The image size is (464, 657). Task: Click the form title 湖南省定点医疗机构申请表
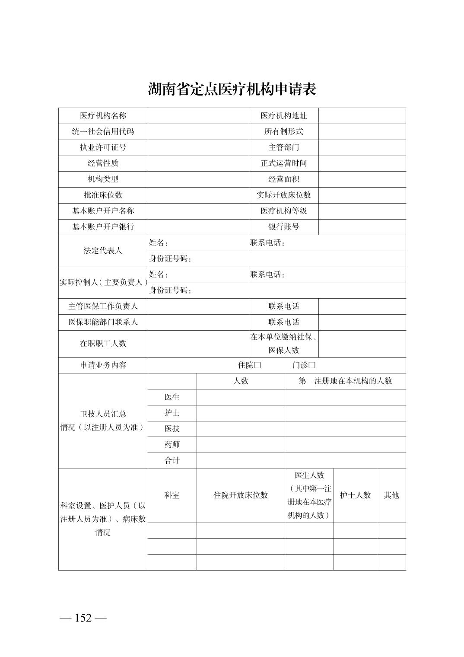pos(232,89)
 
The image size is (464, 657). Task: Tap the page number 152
pos(83,618)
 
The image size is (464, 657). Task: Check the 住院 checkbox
pos(257,365)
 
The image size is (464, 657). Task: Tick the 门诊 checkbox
pos(312,365)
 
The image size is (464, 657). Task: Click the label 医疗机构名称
pos(103,116)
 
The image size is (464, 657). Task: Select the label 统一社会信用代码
pos(103,131)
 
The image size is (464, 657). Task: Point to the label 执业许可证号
pos(103,147)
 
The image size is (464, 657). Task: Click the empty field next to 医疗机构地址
pos(362,116)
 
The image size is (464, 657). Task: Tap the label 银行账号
pos(283,227)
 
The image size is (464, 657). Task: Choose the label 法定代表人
pos(103,251)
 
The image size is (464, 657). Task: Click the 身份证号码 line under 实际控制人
pos(276,290)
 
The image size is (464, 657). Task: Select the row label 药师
pos(172,444)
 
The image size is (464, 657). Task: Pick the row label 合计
pos(172,460)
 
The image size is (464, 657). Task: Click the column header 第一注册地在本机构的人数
pos(345,381)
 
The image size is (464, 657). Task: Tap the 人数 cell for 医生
pos(240,397)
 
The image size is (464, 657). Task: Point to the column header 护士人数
pos(355,495)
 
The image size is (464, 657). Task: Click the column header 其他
pos(391,495)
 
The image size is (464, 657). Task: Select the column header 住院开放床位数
pos(240,495)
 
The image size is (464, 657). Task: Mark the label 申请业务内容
pos(103,365)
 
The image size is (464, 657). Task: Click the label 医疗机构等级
pos(283,211)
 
